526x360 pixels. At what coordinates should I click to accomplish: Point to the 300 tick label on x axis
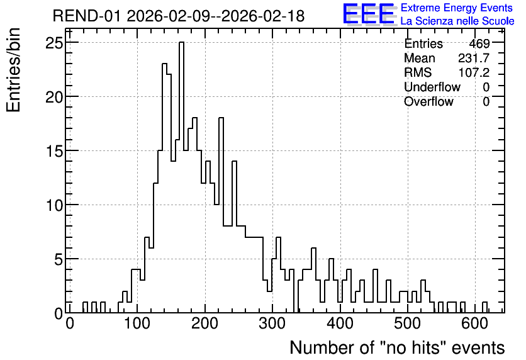tap(272, 324)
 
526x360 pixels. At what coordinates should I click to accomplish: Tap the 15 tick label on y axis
tap(54, 151)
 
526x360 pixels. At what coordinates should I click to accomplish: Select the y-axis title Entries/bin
tap(13, 70)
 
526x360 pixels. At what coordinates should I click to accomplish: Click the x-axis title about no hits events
tap(397, 347)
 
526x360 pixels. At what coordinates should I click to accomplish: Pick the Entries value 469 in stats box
tap(479, 43)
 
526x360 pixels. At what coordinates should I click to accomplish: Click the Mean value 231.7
tap(474, 58)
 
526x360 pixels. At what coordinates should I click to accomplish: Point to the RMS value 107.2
tap(474, 72)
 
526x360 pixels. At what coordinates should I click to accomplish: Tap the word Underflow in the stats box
tap(432, 87)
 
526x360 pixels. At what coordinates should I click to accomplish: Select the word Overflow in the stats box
tap(428, 101)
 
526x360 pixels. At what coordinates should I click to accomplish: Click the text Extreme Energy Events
tap(457, 8)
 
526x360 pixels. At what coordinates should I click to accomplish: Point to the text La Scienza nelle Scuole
tap(457, 21)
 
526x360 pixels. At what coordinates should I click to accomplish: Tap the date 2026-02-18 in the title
tap(263, 16)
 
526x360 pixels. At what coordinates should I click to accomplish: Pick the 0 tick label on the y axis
tap(59, 313)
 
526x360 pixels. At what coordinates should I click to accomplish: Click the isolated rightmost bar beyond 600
tap(484, 307)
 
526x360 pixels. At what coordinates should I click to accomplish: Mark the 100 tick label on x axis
tap(137, 324)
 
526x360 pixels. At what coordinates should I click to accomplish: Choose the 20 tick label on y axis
tap(54, 97)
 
